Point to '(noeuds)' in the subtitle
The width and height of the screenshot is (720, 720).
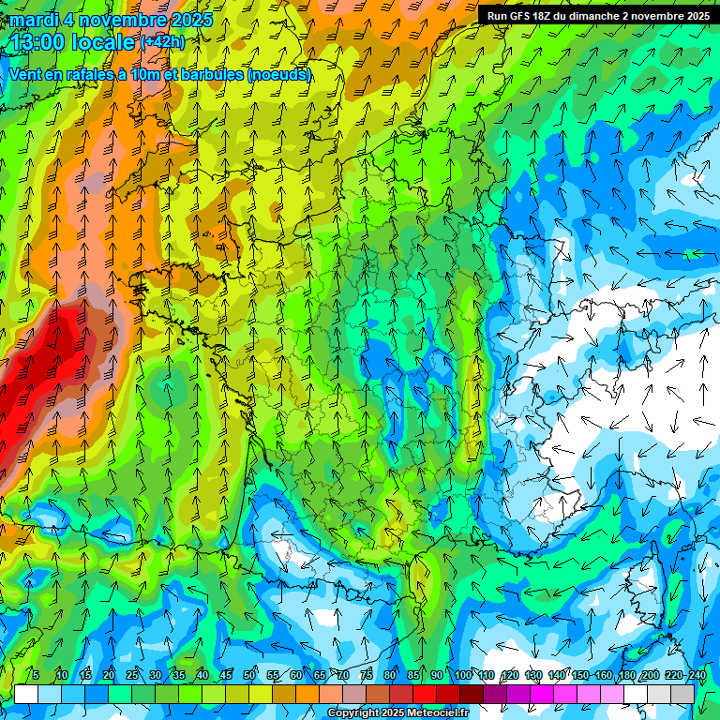pos(278,74)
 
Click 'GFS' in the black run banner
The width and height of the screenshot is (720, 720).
pos(531,16)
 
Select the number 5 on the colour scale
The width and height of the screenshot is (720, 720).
pos(36,675)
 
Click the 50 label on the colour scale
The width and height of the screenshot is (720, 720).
pos(249,675)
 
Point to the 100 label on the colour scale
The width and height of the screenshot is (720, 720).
pos(463,675)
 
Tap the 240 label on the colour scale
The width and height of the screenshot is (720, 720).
pos(697,675)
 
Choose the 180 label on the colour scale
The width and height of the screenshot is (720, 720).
pos(626,675)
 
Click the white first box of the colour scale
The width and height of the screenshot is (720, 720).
pos(26,694)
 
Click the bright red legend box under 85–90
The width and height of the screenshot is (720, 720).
pos(425,694)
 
